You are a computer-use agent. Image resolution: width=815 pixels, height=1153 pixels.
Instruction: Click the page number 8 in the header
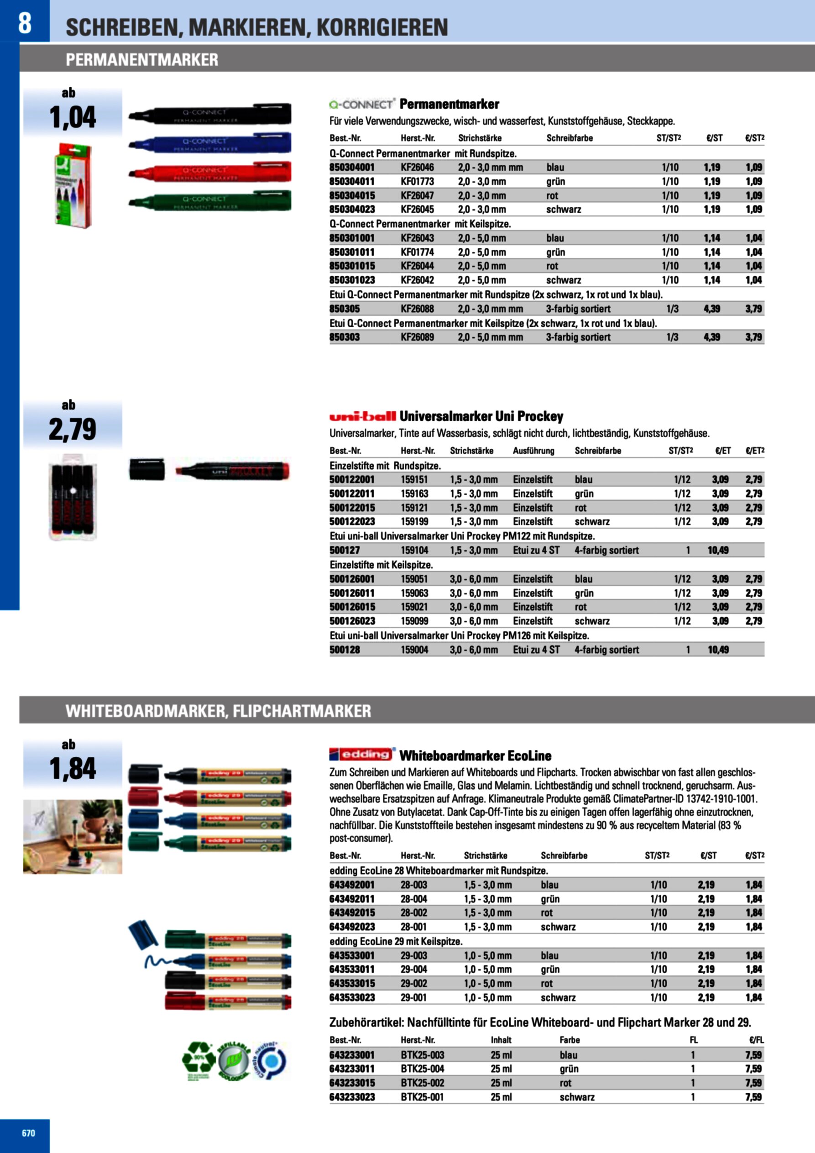tap(25, 23)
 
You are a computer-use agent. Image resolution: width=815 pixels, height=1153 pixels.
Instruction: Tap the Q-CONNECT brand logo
tap(361, 105)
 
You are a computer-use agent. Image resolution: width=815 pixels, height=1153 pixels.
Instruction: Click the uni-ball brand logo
tap(362, 416)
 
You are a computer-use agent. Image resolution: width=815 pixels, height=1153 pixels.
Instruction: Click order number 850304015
tap(351, 196)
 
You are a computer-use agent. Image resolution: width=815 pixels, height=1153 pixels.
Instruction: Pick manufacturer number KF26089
tap(417, 337)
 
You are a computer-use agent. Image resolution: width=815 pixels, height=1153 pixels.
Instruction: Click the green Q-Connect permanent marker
tap(210, 200)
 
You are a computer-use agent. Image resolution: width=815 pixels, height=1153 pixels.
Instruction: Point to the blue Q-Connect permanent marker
tap(210, 142)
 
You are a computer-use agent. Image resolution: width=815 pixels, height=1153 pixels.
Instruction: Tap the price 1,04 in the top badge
tap(73, 117)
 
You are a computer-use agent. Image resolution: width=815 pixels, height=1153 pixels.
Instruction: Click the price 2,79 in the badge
tap(73, 430)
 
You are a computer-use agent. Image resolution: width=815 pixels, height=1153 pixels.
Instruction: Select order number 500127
tap(345, 550)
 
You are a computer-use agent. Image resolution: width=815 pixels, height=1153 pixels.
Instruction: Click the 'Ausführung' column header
tap(533, 451)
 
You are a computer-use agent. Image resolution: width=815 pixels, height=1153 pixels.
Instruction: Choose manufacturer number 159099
tap(414, 621)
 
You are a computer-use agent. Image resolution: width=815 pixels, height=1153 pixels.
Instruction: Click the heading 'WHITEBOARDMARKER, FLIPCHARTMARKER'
tap(219, 711)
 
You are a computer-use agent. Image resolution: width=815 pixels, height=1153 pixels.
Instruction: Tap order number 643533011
tap(351, 969)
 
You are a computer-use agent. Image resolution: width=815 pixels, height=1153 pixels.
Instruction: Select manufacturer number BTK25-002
tap(422, 1083)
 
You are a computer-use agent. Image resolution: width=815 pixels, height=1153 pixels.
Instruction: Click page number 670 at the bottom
tap(29, 1133)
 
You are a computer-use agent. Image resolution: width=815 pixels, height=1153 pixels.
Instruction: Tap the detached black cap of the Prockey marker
tap(146, 469)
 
